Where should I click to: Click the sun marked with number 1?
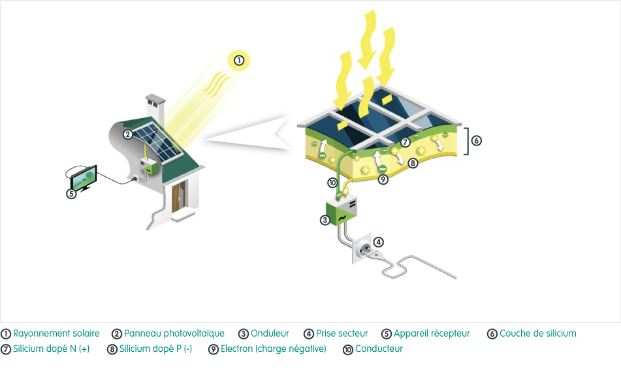click(239, 61)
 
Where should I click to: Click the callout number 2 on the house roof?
click(129, 135)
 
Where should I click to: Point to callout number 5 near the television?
click(72, 193)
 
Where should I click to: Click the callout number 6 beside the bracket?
click(477, 140)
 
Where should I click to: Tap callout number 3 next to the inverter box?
click(325, 220)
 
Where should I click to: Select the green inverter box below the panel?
click(343, 210)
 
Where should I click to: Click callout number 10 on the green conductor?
click(332, 183)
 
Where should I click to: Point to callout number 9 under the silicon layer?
click(383, 179)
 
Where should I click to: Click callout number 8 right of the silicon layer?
click(413, 163)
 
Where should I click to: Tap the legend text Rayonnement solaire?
click(56, 334)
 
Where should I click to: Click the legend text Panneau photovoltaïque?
click(174, 334)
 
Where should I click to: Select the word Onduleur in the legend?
click(270, 334)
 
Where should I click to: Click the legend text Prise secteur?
click(342, 334)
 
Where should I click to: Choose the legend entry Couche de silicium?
click(537, 334)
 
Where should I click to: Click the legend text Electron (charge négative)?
click(273, 349)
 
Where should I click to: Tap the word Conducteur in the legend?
click(379, 349)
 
